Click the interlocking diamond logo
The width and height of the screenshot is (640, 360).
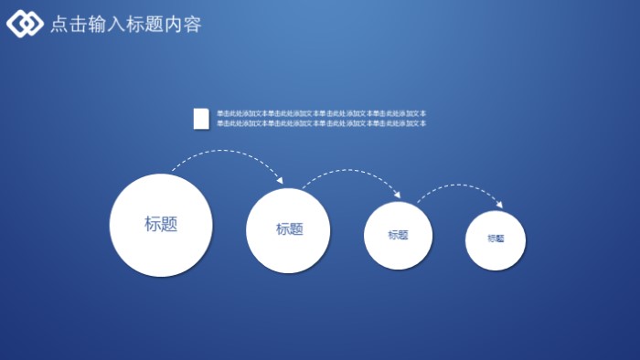click(x=25, y=24)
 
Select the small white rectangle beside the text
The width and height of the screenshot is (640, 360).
click(x=201, y=118)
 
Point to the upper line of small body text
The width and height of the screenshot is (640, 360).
click(x=321, y=113)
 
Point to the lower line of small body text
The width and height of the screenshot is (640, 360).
click(x=321, y=123)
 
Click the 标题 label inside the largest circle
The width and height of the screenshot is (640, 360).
click(x=161, y=224)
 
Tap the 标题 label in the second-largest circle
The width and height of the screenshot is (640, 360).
click(x=290, y=229)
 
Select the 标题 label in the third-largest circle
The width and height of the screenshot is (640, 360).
click(x=398, y=235)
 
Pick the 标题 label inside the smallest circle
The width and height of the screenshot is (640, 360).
click(x=496, y=238)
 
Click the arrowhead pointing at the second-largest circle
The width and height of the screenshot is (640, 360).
click(x=279, y=181)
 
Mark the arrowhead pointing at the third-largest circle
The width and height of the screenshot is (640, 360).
click(x=397, y=195)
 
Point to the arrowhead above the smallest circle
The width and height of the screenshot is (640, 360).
click(x=499, y=204)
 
